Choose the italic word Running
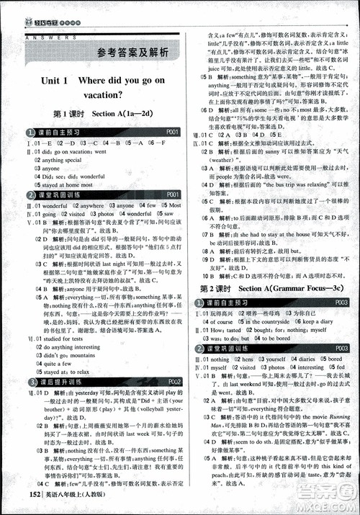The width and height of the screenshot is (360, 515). pos(336,416)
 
